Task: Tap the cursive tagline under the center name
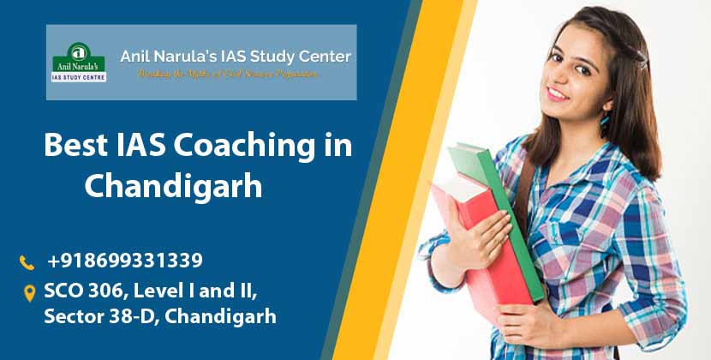pyautogui.click(x=229, y=75)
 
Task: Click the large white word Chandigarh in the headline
pyautogui.click(x=173, y=185)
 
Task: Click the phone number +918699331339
pyautogui.click(x=125, y=260)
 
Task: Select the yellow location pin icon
pyautogui.click(x=28, y=293)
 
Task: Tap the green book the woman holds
pyautogui.click(x=501, y=214)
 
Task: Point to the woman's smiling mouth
pyautogui.click(x=559, y=92)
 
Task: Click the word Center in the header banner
pyautogui.click(x=324, y=57)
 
